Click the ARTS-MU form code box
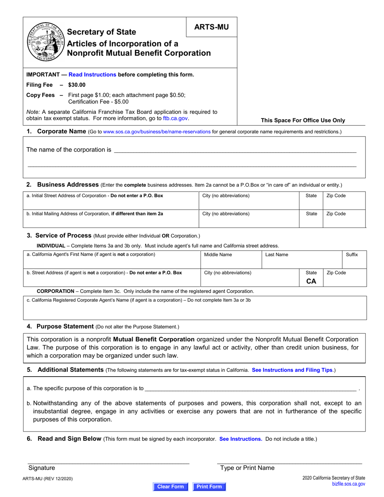[211, 27]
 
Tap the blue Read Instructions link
[93, 74]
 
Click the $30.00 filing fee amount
[77, 85]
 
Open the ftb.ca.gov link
[175, 118]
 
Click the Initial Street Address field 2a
[111, 201]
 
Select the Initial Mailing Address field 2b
[111, 219]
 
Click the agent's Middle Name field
[231, 259]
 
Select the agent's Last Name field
[302, 259]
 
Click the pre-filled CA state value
[311, 281]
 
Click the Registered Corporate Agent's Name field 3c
[195, 308]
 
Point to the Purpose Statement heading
[65, 326]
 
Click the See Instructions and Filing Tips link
[292, 370]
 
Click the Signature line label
[42, 468]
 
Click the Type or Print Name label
[247, 468]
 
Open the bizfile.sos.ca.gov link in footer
[348, 484]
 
